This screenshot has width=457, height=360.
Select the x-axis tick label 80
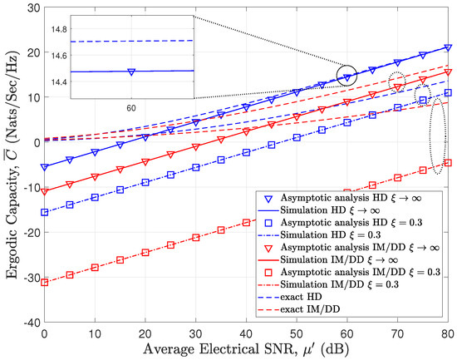point(448,333)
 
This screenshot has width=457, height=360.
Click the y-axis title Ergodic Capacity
point(10,165)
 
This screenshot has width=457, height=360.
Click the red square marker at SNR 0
point(45,283)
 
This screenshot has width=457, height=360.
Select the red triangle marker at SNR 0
point(45,191)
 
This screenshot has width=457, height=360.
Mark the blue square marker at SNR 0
point(45,212)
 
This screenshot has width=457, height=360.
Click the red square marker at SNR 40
point(247,222)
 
